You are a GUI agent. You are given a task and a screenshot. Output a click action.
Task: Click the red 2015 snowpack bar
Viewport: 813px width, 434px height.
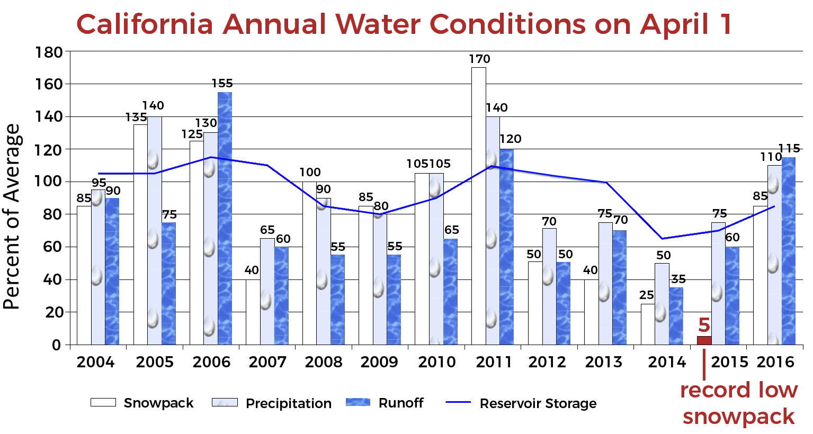704,340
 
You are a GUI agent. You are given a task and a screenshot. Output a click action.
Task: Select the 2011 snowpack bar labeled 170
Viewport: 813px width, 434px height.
478,206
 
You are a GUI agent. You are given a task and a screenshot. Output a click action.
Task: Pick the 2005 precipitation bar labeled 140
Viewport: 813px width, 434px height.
154,230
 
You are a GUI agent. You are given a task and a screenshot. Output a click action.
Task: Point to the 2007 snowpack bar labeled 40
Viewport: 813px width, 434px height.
253,312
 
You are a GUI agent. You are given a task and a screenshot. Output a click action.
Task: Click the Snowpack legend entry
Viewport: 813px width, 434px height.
142,403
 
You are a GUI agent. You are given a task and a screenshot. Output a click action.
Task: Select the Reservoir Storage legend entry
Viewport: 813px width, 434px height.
521,403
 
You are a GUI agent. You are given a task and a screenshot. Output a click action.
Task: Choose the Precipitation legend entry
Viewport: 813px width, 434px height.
272,403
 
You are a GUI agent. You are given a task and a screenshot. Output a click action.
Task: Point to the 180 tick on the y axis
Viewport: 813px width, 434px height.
49,52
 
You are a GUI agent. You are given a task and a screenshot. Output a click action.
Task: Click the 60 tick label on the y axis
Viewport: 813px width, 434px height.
52,247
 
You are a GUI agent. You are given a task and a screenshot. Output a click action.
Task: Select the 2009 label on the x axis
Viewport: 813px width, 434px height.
379,362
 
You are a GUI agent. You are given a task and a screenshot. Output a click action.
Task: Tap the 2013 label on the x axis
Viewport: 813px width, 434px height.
603,362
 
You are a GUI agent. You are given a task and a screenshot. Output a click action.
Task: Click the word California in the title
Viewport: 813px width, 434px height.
145,24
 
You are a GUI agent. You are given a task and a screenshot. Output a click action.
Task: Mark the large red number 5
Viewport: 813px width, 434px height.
703,325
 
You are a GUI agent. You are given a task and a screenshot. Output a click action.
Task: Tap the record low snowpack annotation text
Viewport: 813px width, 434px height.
739,403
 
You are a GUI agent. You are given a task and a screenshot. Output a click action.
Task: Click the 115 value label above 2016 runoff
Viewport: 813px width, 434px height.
789,149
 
